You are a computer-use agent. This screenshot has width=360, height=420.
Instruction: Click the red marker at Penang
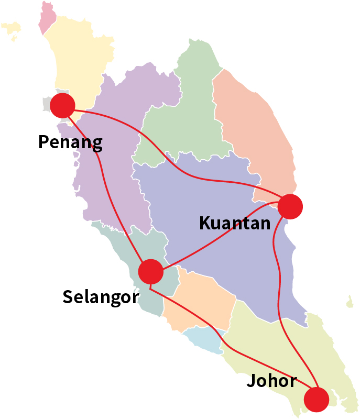pos(62,105)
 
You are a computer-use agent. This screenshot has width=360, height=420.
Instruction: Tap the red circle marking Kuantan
pos(290,206)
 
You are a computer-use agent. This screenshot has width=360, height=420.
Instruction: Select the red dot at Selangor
pos(151,271)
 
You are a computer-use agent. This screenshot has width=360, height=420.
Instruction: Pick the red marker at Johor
pos(317,399)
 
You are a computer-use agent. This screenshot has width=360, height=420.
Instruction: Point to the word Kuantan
pos(235,223)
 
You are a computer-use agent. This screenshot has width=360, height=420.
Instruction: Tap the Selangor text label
pos(101,297)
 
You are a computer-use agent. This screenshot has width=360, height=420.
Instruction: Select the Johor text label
pos(271,381)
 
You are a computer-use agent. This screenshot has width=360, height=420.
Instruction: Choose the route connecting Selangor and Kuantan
pos(220,236)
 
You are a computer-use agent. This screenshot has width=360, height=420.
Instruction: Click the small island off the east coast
pos(350,302)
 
